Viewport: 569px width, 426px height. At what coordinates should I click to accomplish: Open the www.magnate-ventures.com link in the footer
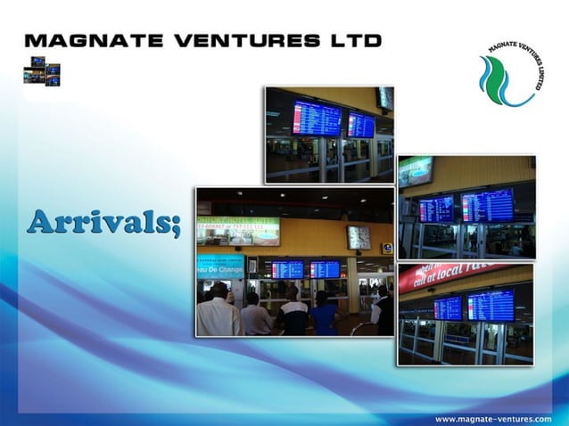click(x=492, y=418)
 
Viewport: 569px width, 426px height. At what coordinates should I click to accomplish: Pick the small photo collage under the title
click(x=41, y=70)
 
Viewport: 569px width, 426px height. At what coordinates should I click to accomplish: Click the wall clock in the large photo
click(x=359, y=237)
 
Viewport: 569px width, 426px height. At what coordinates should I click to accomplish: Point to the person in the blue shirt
click(x=324, y=314)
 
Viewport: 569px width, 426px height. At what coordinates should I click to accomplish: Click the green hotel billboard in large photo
click(x=237, y=231)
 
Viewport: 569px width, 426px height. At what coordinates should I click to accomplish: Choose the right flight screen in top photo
click(x=360, y=124)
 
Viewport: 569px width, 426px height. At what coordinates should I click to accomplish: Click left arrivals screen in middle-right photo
click(x=436, y=209)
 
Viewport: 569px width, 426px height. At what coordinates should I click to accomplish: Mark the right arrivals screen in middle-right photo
click(x=487, y=204)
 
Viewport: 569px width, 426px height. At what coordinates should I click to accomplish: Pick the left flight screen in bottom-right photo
click(x=447, y=307)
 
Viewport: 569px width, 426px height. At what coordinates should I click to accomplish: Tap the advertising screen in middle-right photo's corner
click(x=415, y=170)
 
